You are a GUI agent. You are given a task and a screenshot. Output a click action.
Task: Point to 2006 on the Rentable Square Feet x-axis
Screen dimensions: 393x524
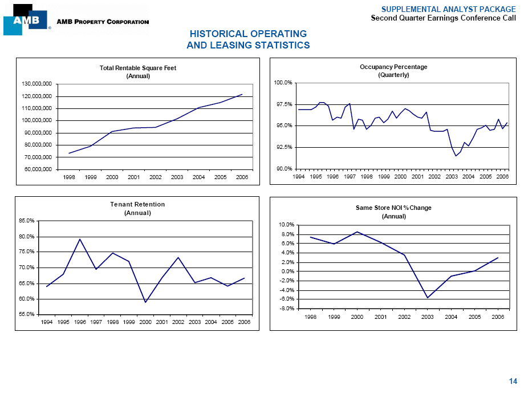(242, 177)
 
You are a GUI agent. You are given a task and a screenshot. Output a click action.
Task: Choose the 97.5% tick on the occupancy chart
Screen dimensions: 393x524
(283, 104)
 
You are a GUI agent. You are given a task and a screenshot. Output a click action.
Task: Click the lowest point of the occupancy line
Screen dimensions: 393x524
(456, 156)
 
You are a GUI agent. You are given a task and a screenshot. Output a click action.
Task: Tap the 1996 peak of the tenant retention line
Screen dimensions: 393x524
(80, 239)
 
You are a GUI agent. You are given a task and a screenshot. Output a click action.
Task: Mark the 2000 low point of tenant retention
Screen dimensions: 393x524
(145, 302)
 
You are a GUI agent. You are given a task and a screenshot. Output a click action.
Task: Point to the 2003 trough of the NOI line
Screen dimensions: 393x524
(427, 298)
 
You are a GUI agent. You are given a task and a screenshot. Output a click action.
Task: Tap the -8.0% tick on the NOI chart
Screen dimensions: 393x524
(287, 309)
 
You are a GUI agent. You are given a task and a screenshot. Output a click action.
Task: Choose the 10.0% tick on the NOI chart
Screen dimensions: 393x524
(287, 225)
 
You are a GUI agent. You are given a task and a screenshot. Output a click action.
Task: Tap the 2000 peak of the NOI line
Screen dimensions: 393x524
(357, 232)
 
